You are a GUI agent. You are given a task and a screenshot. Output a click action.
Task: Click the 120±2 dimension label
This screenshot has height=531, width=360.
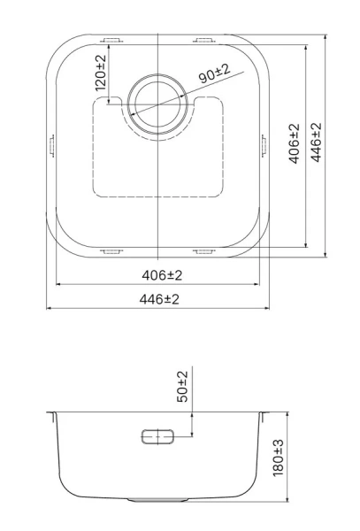click(x=101, y=73)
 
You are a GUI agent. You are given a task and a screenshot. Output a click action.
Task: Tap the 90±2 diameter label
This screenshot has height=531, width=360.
click(x=214, y=73)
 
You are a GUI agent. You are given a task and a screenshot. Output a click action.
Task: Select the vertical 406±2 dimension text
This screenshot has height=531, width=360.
click(x=295, y=143)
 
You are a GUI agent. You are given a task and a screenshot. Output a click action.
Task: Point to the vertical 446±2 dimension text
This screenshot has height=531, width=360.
click(x=316, y=142)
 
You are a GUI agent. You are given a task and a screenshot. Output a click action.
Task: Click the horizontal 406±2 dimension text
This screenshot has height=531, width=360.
click(x=162, y=275)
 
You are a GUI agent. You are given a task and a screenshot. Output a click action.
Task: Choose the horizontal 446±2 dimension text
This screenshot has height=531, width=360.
click(x=159, y=299)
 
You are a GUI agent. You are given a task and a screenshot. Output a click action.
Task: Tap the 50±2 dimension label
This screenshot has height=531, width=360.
click(x=182, y=387)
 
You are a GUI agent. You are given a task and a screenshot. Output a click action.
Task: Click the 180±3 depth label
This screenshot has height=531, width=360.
click(x=278, y=458)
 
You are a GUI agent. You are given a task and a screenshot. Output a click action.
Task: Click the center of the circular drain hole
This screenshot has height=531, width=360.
click(x=157, y=104)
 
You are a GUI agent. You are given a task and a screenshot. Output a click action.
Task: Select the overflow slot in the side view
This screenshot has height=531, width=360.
click(x=157, y=436)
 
